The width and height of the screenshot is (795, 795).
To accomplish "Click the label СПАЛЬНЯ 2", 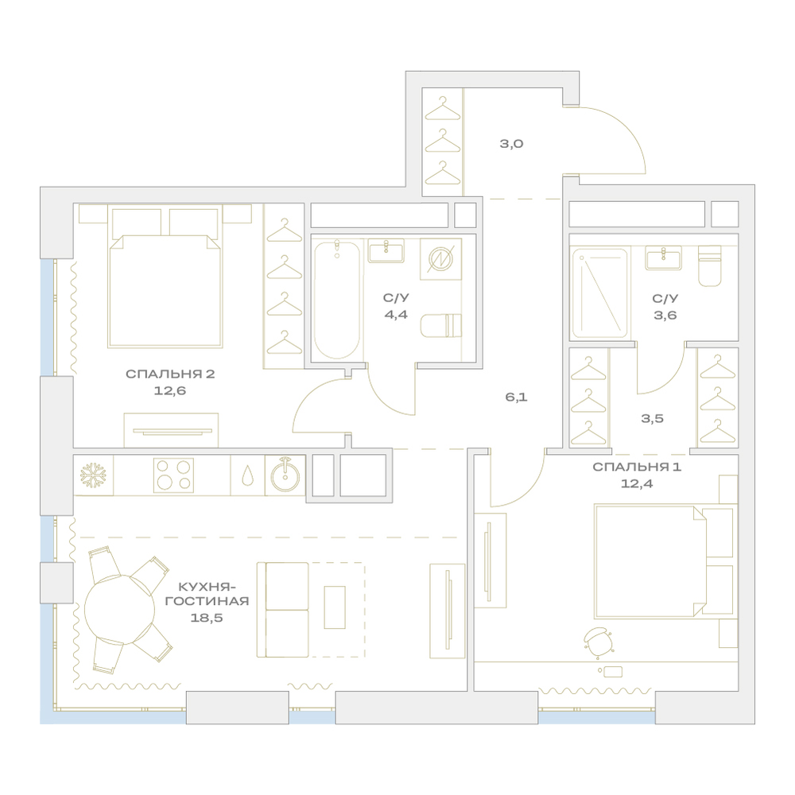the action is [170, 374].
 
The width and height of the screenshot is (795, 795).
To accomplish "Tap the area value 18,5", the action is [207, 618].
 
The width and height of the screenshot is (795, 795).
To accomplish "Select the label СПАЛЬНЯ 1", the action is [637, 467].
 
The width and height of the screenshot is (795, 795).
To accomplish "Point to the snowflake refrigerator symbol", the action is [93, 475].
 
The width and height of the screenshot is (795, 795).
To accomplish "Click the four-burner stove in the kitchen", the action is [173, 475].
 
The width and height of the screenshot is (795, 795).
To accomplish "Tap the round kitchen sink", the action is [285, 475].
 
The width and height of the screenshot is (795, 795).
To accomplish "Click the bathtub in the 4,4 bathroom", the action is [336, 300].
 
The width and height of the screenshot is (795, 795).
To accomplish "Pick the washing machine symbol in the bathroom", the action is [440, 258].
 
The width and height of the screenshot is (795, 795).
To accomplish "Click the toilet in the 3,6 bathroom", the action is [710, 266].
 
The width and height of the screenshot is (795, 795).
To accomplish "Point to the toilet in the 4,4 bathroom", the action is [441, 325].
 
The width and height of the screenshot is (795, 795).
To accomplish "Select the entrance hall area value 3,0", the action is [511, 143].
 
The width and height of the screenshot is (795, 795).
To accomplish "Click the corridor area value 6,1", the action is [516, 397].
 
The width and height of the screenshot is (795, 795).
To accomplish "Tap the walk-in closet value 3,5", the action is [652, 419].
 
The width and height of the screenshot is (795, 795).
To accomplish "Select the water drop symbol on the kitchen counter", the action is [247, 475].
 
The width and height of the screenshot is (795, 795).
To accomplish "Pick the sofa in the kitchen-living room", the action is [282, 610].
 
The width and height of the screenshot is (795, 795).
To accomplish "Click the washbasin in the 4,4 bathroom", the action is [386, 250].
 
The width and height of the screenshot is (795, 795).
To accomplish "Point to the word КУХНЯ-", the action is [207, 588].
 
